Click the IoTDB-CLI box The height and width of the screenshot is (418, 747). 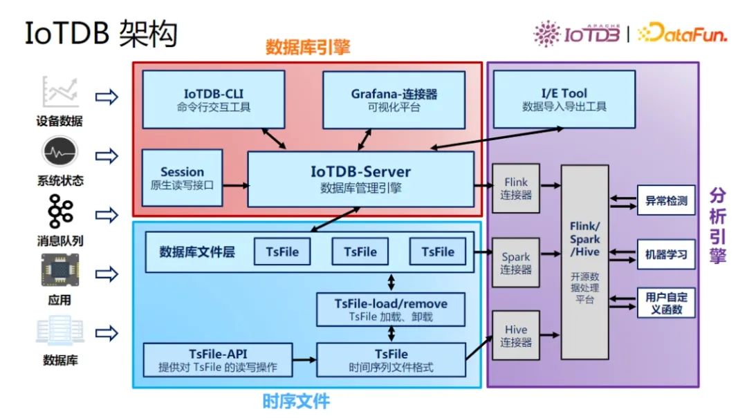213,99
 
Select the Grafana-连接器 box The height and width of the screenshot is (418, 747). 394,99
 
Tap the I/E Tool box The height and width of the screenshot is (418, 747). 564,99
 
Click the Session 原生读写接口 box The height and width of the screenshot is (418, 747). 182,178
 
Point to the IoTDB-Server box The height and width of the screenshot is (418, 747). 360,178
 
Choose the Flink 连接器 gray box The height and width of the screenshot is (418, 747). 515,188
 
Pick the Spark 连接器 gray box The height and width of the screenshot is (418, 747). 515,263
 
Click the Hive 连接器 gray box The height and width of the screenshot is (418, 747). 515,335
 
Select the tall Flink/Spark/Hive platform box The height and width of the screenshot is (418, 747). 584,262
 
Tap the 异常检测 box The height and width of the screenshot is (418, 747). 665,201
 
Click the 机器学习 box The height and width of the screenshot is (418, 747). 665,254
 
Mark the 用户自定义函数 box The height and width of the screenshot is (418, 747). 665,303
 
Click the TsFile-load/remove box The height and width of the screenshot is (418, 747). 391,310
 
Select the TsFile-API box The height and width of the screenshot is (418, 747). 218,360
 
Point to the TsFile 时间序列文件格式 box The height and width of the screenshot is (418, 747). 391,360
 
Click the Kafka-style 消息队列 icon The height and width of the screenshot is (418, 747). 59,212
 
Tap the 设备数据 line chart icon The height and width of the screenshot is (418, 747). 59,93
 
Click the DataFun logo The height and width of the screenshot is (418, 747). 681,33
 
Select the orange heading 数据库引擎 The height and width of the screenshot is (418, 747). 308,47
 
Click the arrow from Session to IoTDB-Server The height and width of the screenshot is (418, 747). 235,185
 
